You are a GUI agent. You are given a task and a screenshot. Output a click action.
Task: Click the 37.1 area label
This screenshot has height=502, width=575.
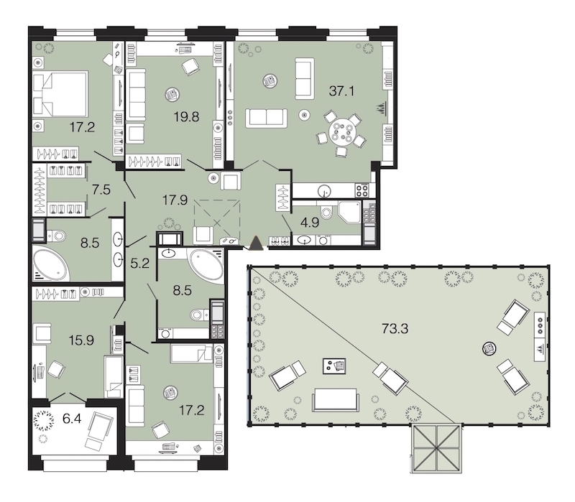(342, 90)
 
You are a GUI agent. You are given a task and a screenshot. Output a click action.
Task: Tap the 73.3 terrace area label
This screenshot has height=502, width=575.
(395, 329)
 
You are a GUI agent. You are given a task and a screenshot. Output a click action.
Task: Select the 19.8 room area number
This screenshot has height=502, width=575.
(186, 116)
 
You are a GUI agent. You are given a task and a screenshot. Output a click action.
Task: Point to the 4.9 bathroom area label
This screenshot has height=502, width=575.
(310, 223)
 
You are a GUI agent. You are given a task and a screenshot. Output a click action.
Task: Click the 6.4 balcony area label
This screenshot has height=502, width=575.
(72, 418)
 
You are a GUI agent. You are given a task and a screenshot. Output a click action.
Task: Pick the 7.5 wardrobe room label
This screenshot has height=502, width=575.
(101, 190)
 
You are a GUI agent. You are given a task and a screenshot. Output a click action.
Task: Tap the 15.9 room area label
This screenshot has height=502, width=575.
(81, 340)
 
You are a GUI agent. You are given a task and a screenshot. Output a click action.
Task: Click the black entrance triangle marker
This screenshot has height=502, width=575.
(256, 243)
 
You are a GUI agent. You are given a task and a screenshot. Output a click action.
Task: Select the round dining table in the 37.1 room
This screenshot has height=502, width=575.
(341, 133)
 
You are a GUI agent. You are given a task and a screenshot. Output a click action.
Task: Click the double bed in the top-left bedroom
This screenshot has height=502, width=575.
(60, 94)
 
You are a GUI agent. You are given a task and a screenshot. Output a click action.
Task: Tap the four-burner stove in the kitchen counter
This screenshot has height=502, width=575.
(362, 190)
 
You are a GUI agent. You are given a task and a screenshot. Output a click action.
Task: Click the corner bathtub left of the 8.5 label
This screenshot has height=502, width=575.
(50, 263)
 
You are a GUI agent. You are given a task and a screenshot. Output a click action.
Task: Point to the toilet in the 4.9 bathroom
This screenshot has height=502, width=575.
(326, 211)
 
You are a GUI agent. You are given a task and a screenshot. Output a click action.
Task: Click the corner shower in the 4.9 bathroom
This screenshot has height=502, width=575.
(350, 211)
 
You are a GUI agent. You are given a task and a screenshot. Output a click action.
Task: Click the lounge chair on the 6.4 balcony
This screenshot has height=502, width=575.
(97, 430)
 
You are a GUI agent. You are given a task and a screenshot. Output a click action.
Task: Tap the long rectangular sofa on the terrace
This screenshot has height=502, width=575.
(335, 400)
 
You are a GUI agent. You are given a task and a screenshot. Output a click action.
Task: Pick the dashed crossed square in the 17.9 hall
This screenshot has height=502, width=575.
(217, 222)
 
